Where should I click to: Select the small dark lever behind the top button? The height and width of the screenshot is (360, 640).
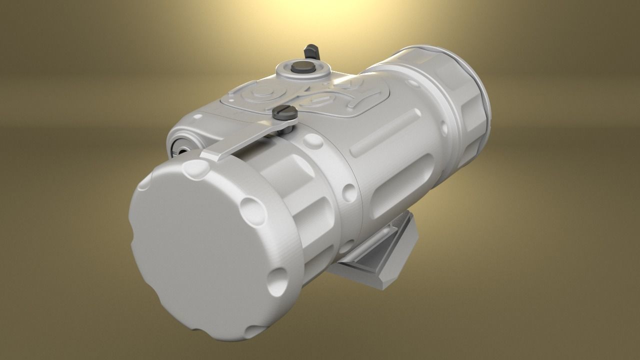pyautogui.click(x=311, y=50)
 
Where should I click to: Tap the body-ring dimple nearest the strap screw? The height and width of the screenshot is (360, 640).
pyautogui.click(x=313, y=141)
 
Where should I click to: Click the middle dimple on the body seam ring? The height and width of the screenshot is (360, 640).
pyautogui.click(x=348, y=192)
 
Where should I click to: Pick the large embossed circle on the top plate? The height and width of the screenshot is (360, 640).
pyautogui.click(x=260, y=92)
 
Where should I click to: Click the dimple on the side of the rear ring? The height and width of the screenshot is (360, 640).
pyautogui.click(x=444, y=128)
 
